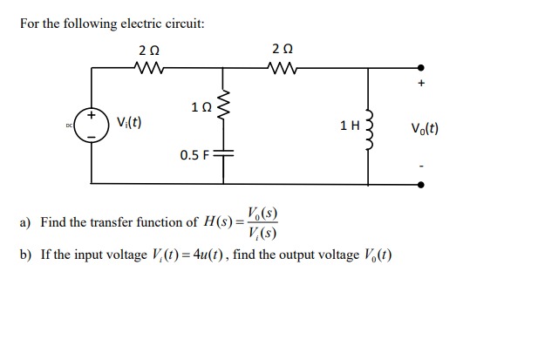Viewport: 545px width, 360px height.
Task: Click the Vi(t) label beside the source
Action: click(x=129, y=122)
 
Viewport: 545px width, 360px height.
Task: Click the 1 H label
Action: click(x=349, y=126)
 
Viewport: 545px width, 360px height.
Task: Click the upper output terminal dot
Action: click(x=421, y=67)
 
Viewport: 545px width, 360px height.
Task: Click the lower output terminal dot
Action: click(x=421, y=184)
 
